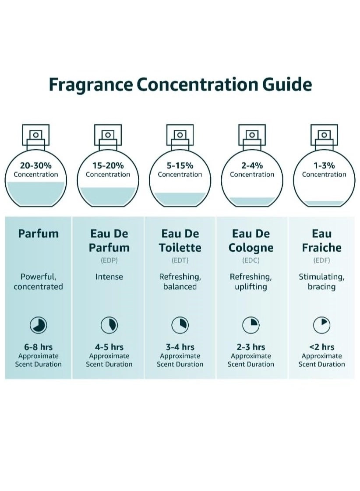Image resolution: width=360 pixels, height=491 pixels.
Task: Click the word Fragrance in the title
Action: [x=90, y=84]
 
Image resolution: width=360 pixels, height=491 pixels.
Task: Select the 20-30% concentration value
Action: [x=35, y=165]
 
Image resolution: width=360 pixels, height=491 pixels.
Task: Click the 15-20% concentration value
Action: [x=108, y=165]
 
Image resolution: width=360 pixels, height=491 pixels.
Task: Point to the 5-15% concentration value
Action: [x=180, y=165]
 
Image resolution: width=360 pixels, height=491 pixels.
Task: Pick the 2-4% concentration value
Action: [x=252, y=165]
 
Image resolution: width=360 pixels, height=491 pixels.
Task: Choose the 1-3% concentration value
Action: [x=324, y=165]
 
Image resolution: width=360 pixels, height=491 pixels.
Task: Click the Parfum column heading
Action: [x=39, y=234]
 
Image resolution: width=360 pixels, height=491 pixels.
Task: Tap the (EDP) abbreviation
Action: [x=109, y=260]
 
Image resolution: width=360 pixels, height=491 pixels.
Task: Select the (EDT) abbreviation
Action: [x=180, y=260]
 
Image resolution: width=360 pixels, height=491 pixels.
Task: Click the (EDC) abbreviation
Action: [x=251, y=260]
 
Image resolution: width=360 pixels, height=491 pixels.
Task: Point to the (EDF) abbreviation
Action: [x=321, y=260]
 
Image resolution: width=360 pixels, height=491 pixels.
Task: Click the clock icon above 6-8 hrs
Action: [x=39, y=325]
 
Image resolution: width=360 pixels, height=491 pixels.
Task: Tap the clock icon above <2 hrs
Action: [x=321, y=325]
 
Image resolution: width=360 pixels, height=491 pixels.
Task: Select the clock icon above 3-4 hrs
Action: [x=180, y=325]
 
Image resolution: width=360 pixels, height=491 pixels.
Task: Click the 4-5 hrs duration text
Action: [x=109, y=347]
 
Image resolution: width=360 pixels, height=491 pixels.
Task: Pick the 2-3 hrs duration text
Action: [x=251, y=347]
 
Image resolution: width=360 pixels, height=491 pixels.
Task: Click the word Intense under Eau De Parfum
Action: [x=109, y=277]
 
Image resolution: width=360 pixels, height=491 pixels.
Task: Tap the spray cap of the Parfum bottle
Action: [x=35, y=135]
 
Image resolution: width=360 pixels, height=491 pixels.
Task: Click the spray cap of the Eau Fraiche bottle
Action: [x=324, y=135]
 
